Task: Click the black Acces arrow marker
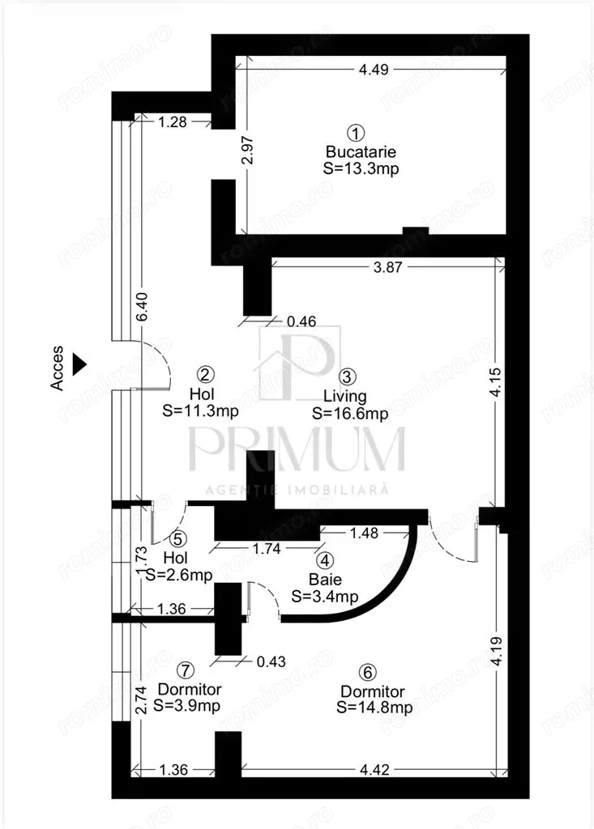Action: (x=79, y=364)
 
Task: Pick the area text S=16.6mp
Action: (x=350, y=413)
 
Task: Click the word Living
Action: (x=345, y=396)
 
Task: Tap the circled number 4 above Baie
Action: (x=324, y=560)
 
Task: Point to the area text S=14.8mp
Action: (x=374, y=708)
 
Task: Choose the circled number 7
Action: (x=186, y=670)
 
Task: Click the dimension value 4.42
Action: (x=374, y=770)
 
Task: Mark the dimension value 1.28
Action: (x=173, y=123)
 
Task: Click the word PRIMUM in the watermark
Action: (x=297, y=449)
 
